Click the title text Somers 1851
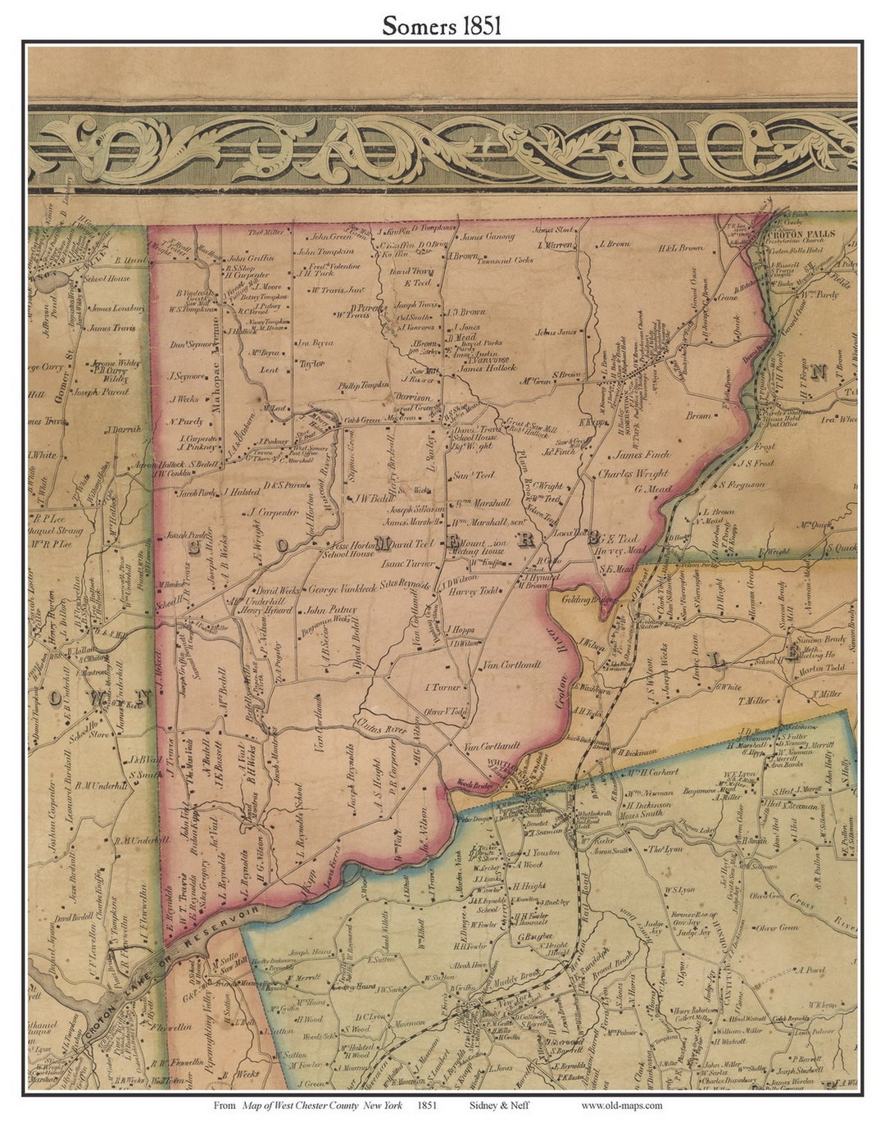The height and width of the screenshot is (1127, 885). (442, 25)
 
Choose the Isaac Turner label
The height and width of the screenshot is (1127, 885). (407, 565)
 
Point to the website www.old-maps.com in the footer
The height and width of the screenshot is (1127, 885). (622, 1105)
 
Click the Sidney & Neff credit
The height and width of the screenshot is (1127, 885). (499, 1105)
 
